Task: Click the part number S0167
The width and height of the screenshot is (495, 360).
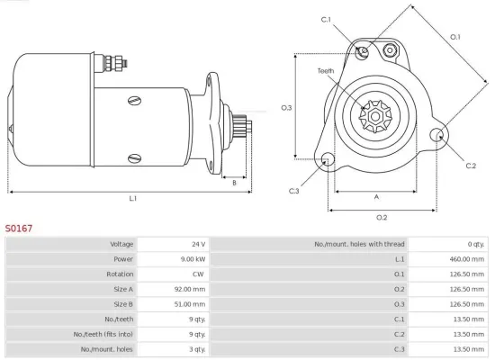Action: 19,229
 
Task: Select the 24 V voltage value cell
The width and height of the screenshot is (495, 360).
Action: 198,244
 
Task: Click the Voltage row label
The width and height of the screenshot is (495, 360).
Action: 121,244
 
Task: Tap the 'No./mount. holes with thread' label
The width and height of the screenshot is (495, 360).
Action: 359,244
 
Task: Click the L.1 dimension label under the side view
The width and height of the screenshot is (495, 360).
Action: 132,198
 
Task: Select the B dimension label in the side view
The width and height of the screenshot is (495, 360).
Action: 234,183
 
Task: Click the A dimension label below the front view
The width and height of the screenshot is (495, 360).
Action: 376,197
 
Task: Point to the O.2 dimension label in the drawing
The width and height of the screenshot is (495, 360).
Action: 381,217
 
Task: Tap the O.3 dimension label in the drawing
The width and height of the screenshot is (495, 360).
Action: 286,108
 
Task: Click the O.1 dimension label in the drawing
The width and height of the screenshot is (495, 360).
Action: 454,37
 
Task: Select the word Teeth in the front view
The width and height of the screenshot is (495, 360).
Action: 326,70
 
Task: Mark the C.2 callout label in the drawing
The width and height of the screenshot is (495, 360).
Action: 470,166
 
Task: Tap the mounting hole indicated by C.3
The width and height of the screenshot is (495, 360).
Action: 328,160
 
